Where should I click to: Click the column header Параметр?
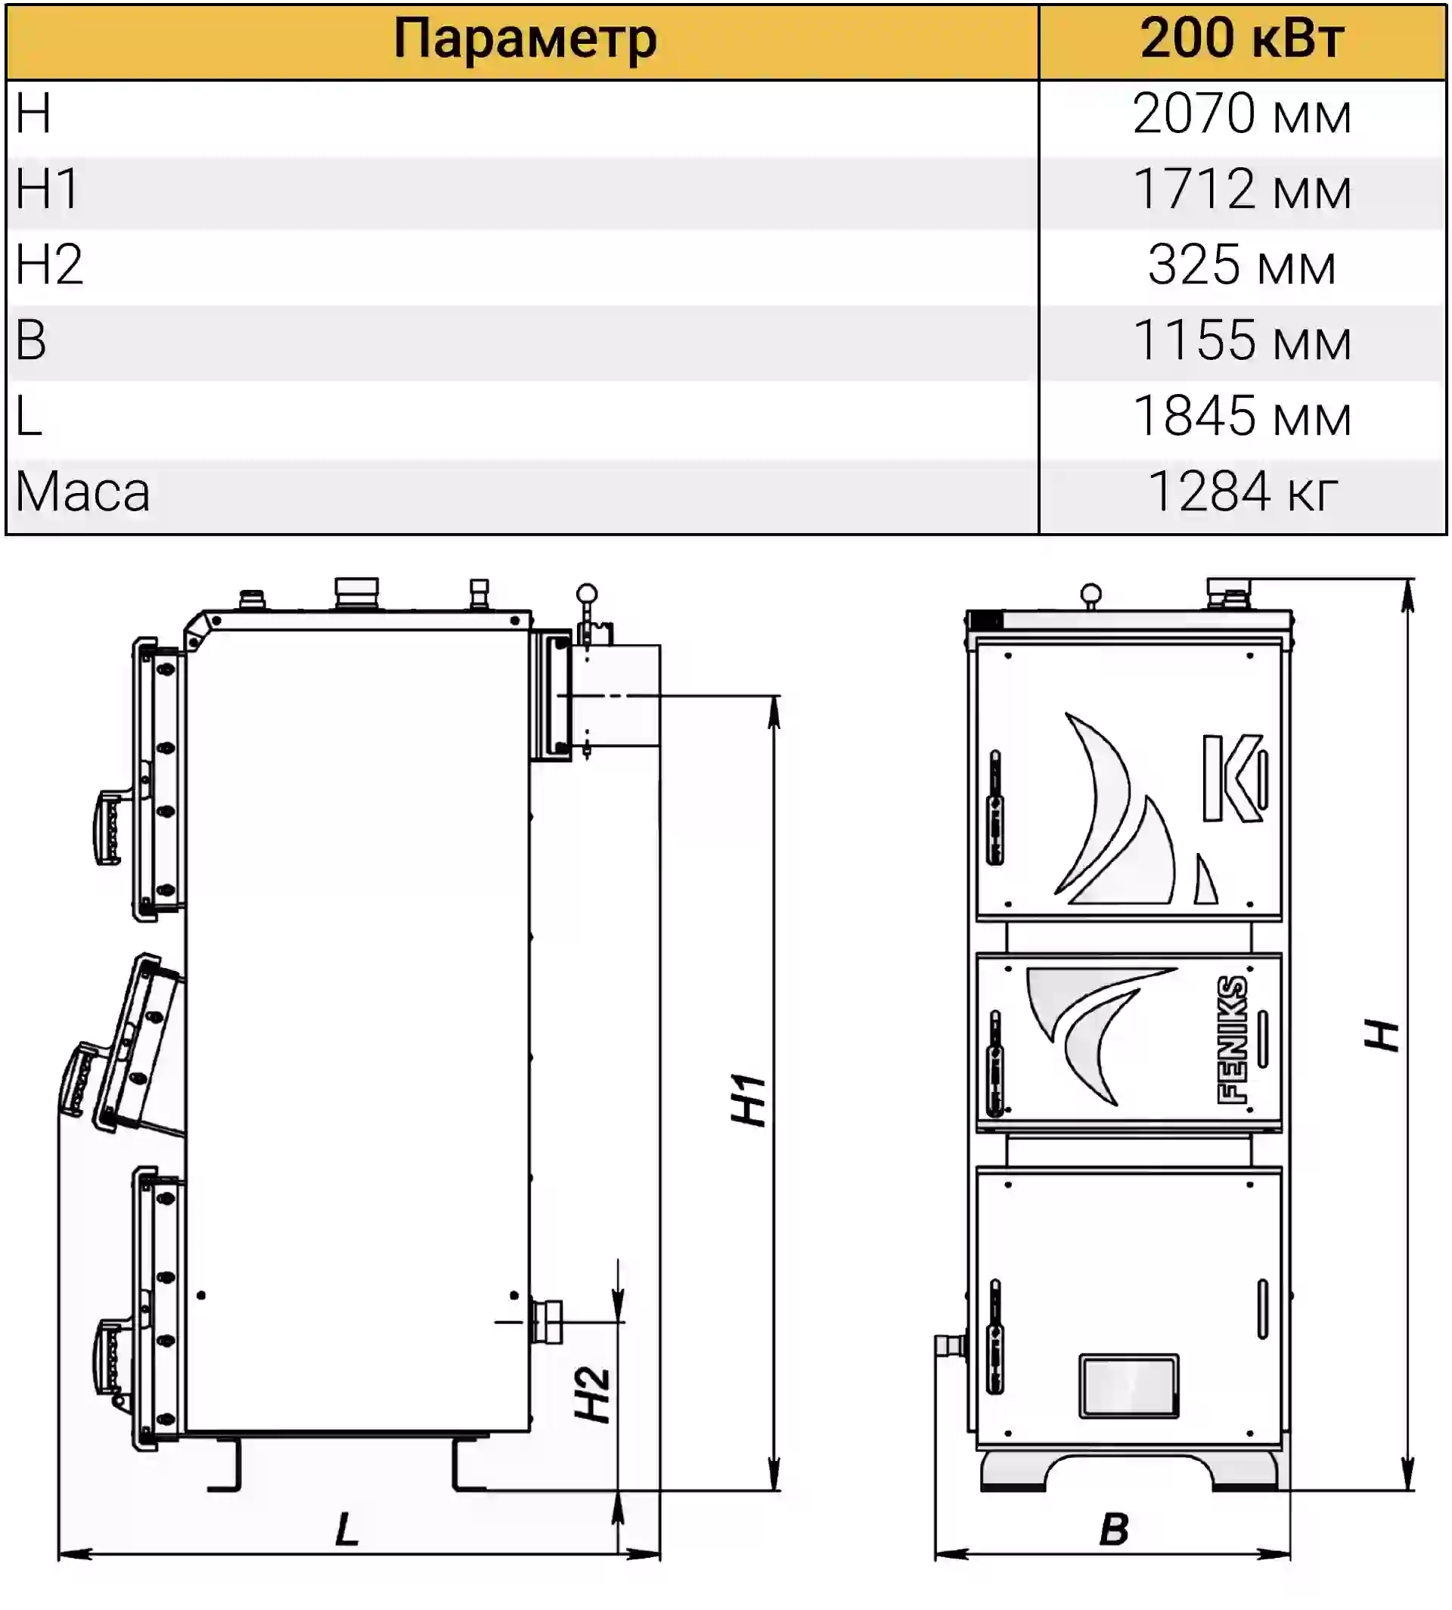tap(524, 40)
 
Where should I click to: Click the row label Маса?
tap(83, 492)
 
